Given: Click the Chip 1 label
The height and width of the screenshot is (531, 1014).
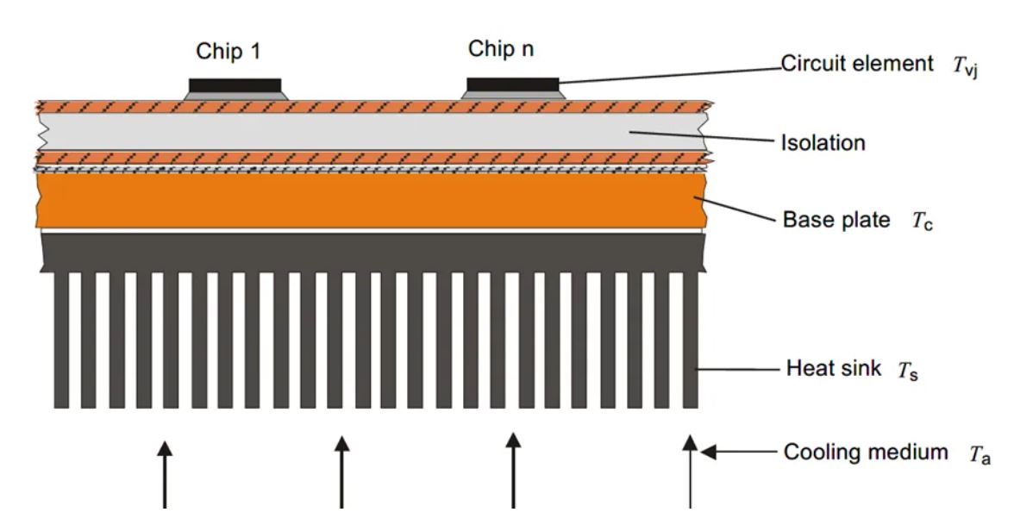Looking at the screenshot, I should [228, 52].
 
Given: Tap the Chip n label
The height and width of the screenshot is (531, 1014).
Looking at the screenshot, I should [501, 49].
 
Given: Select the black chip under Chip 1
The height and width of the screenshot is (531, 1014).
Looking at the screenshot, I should [235, 84].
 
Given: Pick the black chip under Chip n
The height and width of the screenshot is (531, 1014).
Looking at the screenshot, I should [512, 83].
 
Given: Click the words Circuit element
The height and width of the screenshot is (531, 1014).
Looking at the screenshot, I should [857, 63].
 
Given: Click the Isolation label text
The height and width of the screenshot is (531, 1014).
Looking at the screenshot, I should [823, 143].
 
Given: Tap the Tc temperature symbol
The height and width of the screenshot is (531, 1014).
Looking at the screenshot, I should [923, 222].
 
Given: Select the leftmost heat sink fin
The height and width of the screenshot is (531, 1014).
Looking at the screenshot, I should [61, 340].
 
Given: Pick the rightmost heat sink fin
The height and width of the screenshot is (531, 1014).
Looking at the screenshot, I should [690, 340].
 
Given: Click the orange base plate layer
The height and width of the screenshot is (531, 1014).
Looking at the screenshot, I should [371, 202].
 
